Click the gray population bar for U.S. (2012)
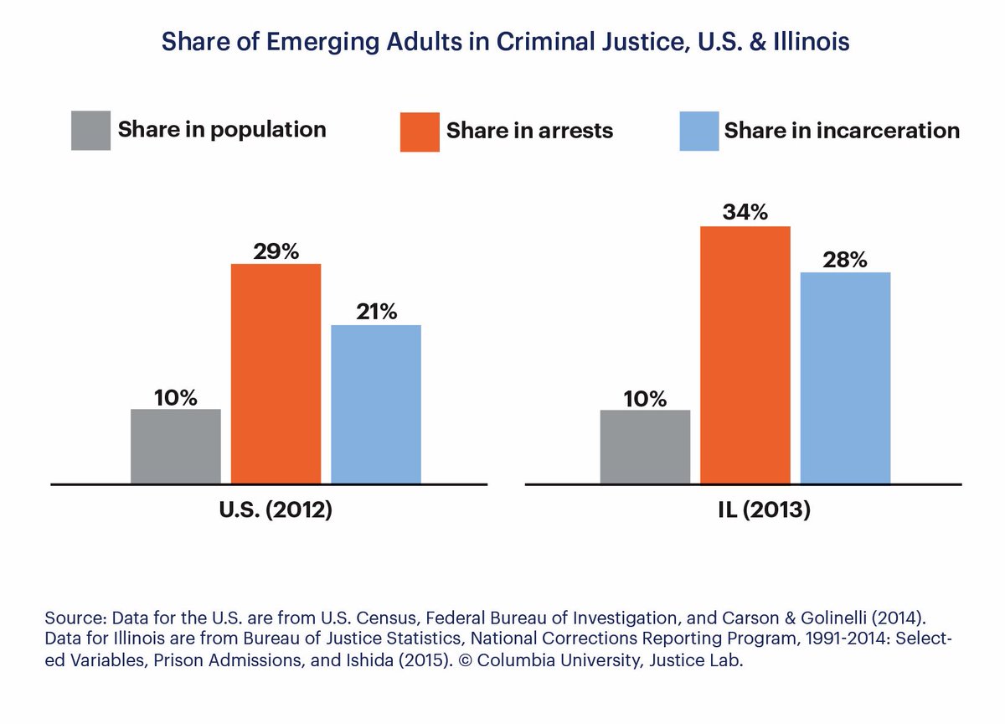tap(176, 446)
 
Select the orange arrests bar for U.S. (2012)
tap(276, 374)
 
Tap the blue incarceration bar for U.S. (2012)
tap(376, 404)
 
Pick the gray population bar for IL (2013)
tap(645, 446)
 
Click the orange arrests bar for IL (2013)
tap(745, 354)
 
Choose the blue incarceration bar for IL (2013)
tap(845, 378)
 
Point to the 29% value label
tap(276, 251)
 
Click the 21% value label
tap(376, 313)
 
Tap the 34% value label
tap(745, 213)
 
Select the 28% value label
tap(845, 260)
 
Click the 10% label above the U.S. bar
tap(176, 397)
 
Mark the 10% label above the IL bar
tap(645, 397)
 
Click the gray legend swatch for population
tap(90, 131)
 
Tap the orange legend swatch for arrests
tap(420, 132)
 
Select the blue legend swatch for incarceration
tap(699, 131)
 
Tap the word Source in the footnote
tap(70, 618)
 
